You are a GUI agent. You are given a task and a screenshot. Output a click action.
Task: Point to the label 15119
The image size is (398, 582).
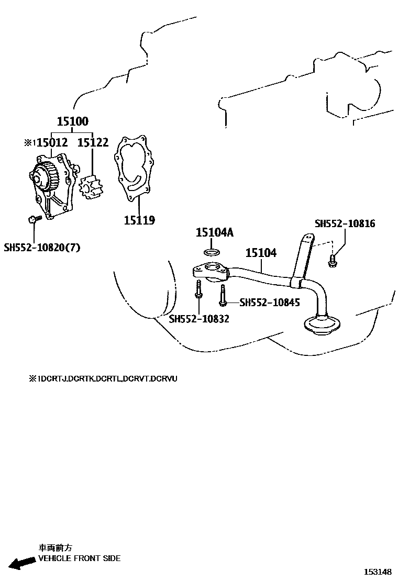(139, 220)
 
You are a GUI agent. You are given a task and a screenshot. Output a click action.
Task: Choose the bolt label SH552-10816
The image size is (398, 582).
(345, 223)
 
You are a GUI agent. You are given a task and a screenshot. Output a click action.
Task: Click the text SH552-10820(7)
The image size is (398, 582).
(42, 248)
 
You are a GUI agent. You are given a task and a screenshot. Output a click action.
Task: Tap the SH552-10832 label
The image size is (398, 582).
(199, 318)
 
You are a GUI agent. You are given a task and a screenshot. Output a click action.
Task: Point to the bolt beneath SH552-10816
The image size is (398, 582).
(332, 260)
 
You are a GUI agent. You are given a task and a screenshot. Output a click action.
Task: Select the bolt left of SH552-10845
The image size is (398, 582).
(223, 296)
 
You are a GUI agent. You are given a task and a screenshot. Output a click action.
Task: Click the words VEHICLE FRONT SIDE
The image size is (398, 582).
(80, 558)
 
